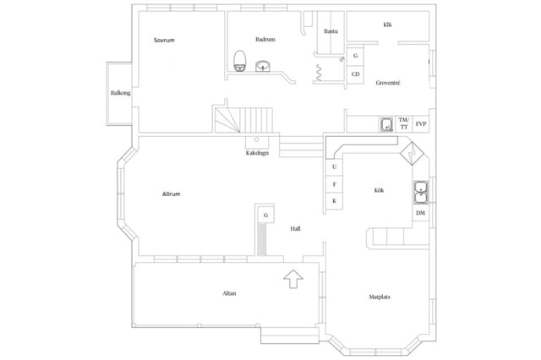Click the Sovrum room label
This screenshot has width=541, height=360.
click(x=164, y=40)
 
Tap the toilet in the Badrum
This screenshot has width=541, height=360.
click(x=240, y=61)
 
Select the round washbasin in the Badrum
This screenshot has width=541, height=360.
click(x=263, y=66)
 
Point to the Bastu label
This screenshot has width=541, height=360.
click(x=331, y=31)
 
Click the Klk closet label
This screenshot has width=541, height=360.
click(x=387, y=25)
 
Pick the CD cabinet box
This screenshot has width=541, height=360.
click(x=355, y=74)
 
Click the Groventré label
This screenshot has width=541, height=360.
click(x=388, y=83)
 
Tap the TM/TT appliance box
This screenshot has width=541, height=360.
click(x=404, y=123)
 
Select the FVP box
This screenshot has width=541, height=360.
click(x=421, y=123)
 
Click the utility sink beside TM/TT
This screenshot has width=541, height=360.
click(x=387, y=124)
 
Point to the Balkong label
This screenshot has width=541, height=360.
click(x=120, y=93)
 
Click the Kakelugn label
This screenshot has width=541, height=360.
click(x=257, y=153)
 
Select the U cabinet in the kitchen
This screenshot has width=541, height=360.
click(x=335, y=166)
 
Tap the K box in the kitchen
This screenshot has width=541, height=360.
click(x=335, y=201)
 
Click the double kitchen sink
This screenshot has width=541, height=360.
click(x=421, y=192)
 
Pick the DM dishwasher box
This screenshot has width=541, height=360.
click(x=421, y=213)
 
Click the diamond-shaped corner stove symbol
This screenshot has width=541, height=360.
click(x=412, y=153)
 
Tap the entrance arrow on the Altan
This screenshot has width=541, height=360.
click(x=293, y=279)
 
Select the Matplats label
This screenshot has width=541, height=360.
click(x=380, y=297)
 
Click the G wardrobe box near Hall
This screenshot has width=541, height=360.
click(x=265, y=215)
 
